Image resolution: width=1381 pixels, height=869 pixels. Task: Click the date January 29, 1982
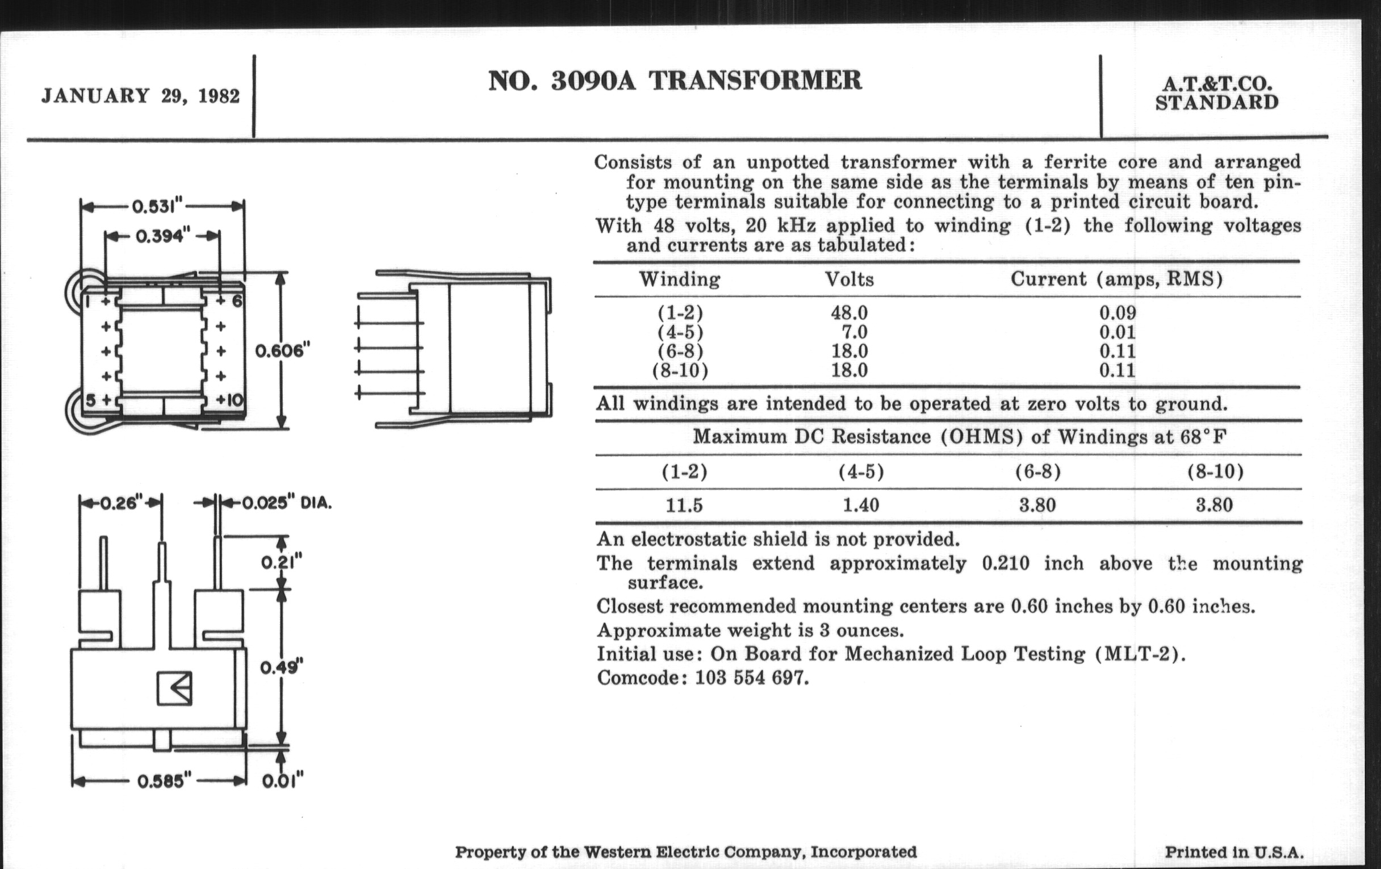click(x=140, y=96)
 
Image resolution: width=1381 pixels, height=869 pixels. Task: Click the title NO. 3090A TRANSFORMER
click(x=675, y=81)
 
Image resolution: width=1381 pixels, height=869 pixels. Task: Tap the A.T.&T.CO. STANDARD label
click(x=1216, y=94)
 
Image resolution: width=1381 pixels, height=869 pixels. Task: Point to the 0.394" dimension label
click(x=162, y=236)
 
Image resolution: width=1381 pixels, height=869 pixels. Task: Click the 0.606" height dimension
click(x=283, y=350)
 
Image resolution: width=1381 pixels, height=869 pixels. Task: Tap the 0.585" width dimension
click(x=164, y=781)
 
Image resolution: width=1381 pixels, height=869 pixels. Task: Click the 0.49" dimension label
click(x=281, y=667)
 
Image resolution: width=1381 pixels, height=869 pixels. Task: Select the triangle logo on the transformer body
click(x=175, y=688)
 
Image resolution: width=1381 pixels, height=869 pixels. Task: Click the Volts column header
click(x=849, y=279)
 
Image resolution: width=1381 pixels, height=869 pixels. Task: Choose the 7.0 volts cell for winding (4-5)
click(x=855, y=332)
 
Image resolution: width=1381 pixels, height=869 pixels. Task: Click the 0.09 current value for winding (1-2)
click(x=1117, y=313)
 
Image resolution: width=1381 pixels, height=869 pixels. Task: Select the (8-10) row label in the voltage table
click(x=680, y=370)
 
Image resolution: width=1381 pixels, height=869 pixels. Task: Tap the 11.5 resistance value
click(x=684, y=505)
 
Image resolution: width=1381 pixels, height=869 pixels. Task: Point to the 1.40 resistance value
click(x=861, y=505)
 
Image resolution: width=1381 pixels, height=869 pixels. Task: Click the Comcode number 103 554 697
click(x=751, y=678)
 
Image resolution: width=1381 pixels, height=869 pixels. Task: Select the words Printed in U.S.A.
click(x=1234, y=853)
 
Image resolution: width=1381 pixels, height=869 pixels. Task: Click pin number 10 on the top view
click(x=234, y=400)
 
